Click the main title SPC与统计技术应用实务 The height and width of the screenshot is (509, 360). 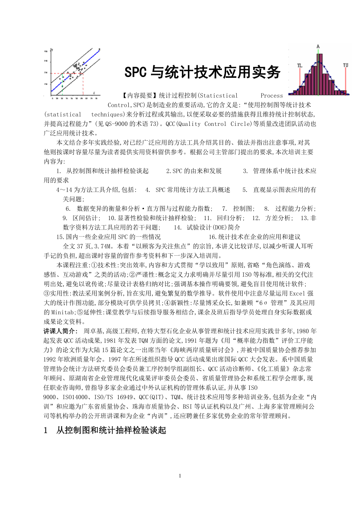tap(202, 72)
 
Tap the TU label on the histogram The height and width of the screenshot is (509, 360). tap(346, 65)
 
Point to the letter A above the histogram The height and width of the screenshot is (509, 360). tap(318, 47)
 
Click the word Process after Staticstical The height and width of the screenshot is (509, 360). tap(272, 96)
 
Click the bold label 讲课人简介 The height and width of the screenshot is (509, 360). tap(59, 330)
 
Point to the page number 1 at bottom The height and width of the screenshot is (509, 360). tap(180, 476)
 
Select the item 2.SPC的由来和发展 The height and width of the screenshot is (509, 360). tap(194, 171)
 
